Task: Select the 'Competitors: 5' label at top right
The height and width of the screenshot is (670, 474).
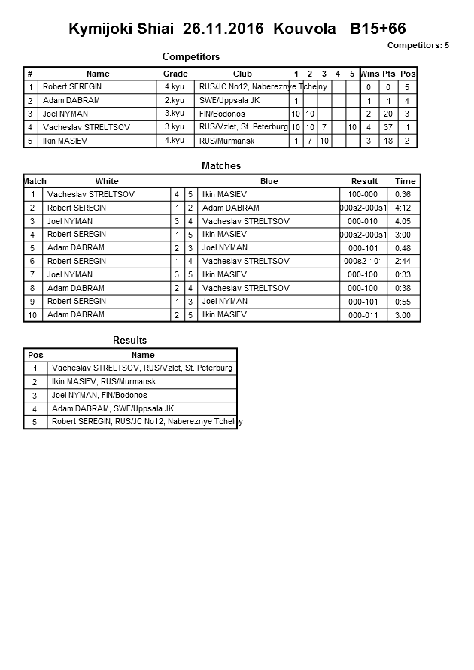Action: [x=418, y=45]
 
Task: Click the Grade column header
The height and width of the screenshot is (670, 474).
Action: [x=175, y=74]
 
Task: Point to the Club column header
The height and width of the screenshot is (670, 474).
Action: [x=242, y=74]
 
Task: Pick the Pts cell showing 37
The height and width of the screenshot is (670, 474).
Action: [x=388, y=127]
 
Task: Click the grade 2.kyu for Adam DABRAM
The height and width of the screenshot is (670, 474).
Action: [x=175, y=100]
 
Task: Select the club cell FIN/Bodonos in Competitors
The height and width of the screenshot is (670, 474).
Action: [x=222, y=114]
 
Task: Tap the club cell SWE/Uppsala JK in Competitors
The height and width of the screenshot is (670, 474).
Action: [x=229, y=100]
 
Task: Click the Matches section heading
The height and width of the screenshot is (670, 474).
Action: [x=221, y=165]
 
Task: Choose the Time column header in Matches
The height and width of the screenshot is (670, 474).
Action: [x=405, y=181]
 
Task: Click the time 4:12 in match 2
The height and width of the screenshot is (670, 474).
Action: [x=403, y=208]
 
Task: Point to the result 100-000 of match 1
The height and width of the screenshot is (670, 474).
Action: [x=363, y=194]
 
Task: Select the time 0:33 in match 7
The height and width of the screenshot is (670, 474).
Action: [x=403, y=275]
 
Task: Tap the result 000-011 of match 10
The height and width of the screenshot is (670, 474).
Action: [x=363, y=315]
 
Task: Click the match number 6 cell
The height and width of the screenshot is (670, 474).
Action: [x=33, y=262]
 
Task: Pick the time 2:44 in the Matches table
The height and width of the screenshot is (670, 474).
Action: [x=403, y=262]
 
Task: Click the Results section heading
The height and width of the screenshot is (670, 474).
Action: [x=129, y=341]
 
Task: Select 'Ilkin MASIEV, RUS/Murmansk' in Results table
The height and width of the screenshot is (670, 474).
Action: [x=99, y=382]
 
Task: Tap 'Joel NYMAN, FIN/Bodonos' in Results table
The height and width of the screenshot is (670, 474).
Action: [x=99, y=395]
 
